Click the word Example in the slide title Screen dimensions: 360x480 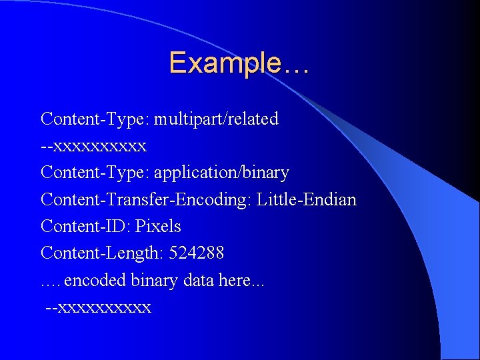(x=225, y=63)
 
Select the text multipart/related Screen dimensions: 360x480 (x=216, y=119)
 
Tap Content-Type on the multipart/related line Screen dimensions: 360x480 (x=95, y=119)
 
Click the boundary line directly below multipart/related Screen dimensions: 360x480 (x=93, y=146)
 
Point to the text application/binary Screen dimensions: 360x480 (x=221, y=173)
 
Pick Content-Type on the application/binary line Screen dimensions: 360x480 (x=95, y=173)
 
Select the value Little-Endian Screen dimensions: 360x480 (x=307, y=199)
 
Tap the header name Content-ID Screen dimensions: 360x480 (x=85, y=226)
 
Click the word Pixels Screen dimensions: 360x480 (x=158, y=226)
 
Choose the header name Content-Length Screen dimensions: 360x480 (x=102, y=253)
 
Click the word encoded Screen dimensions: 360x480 (x=95, y=280)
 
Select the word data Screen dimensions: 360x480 (x=198, y=280)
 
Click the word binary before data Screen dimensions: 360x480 (x=154, y=280)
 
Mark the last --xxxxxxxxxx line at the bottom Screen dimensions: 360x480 (x=98, y=307)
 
